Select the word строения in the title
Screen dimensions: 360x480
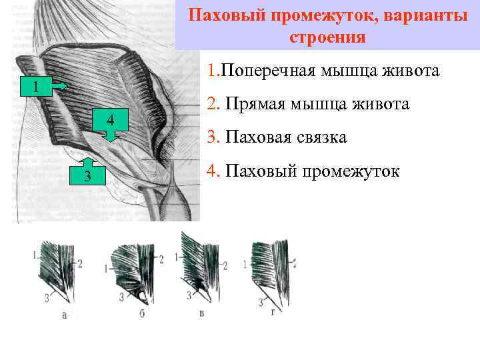(x=327, y=37)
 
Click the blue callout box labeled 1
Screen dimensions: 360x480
(x=37, y=87)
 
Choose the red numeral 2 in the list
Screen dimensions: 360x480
(x=212, y=104)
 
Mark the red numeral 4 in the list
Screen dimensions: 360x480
(x=212, y=171)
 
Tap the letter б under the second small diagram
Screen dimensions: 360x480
(x=141, y=314)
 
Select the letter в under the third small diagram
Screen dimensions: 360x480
(x=201, y=312)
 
